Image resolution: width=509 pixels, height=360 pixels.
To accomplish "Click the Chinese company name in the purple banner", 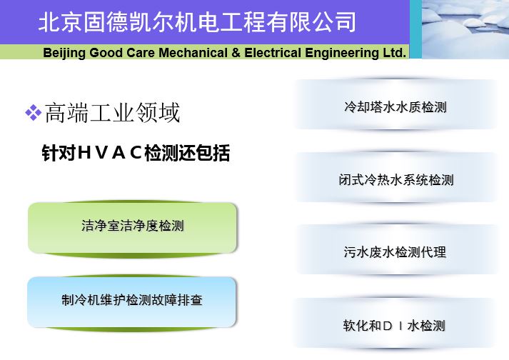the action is [197, 22].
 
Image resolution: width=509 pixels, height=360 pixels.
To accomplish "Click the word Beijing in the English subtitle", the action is [64, 53].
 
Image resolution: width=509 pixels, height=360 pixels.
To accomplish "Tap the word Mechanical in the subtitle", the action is [193, 52].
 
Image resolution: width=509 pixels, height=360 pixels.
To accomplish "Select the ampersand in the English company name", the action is [236, 52].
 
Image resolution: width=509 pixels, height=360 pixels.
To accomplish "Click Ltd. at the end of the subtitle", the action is [394, 52].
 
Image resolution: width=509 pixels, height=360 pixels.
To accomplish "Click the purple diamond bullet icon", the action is [34, 113].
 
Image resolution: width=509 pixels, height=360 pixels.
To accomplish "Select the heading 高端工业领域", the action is [112, 113].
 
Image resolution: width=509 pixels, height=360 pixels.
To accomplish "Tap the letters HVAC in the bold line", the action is [110, 153].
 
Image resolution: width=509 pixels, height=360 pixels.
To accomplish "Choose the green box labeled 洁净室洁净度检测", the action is [133, 229].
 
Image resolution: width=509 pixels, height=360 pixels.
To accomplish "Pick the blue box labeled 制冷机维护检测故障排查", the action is [132, 302].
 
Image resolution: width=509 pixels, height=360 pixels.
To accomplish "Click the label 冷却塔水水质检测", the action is [395, 106].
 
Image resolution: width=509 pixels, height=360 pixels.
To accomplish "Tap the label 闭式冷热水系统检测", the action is [396, 179].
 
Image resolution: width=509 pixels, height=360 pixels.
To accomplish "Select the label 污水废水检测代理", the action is [395, 252].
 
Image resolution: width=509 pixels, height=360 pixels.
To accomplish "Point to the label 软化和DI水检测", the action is [394, 325].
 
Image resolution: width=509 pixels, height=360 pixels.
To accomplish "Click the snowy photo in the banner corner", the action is [465, 29].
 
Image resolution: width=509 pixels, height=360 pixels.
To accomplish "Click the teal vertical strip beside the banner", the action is [415, 29].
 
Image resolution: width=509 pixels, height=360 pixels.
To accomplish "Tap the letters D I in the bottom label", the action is [393, 326].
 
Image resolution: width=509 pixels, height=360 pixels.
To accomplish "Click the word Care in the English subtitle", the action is [141, 52].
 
